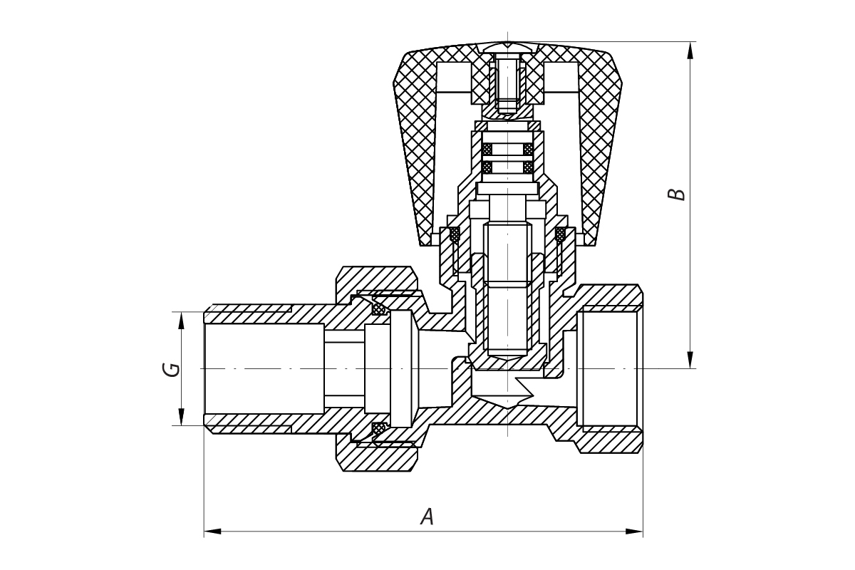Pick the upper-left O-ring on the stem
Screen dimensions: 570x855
coord(487,150)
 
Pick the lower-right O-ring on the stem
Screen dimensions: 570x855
coord(528,167)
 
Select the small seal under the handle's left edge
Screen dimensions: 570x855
coord(452,233)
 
